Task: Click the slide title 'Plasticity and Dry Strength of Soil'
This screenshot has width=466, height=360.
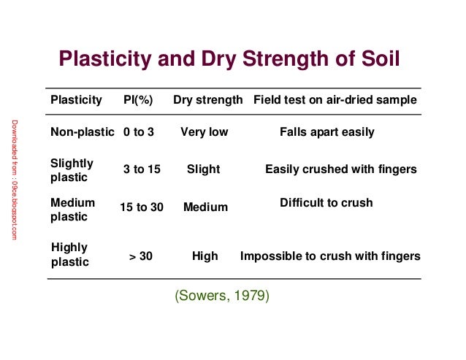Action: click(229, 58)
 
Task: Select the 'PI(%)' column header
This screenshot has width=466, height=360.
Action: click(138, 100)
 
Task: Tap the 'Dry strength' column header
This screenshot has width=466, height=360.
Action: click(207, 100)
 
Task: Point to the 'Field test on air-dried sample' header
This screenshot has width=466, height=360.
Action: click(335, 100)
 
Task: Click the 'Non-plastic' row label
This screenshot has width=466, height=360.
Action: click(82, 132)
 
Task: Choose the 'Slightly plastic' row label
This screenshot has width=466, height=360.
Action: click(69, 170)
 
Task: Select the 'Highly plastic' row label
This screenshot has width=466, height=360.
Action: click(69, 255)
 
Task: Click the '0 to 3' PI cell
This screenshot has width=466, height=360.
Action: click(139, 132)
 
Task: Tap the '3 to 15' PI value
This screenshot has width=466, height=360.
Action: click(142, 169)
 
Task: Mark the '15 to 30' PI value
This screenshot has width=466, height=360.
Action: click(142, 207)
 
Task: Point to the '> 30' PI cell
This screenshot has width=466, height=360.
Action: click(141, 256)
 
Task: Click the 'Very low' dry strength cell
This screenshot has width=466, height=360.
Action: click(205, 132)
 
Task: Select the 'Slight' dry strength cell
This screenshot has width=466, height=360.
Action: click(203, 169)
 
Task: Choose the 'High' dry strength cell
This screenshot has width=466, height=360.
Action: click(205, 256)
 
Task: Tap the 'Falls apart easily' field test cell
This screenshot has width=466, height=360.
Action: click(326, 132)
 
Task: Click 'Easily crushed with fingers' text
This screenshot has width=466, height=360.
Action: click(340, 169)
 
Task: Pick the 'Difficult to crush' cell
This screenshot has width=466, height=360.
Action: click(326, 202)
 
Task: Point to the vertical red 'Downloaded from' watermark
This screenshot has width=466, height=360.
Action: click(15, 179)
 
